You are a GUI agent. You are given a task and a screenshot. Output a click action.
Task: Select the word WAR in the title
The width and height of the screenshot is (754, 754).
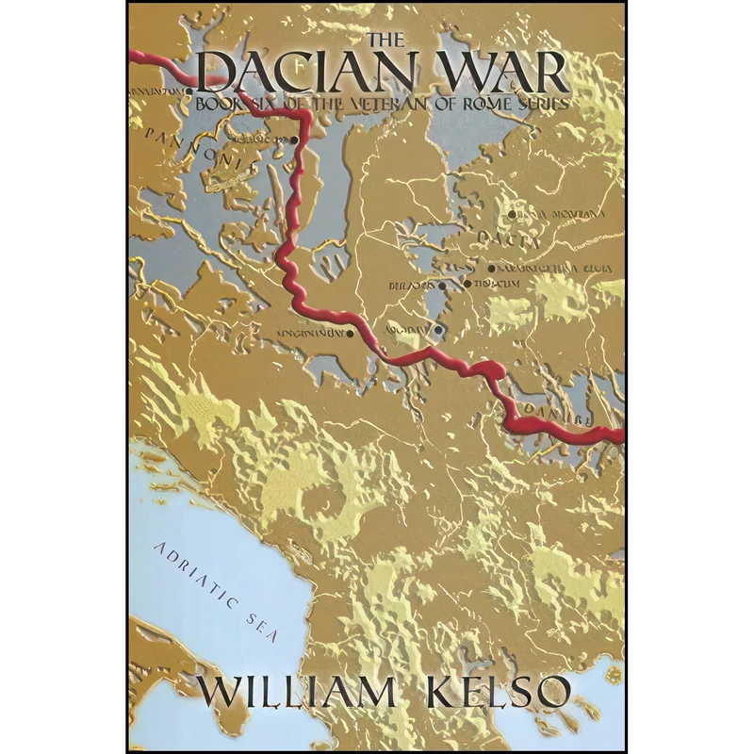click(515, 74)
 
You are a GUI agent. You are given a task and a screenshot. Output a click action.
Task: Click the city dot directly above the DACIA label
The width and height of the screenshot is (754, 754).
click(512, 215)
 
